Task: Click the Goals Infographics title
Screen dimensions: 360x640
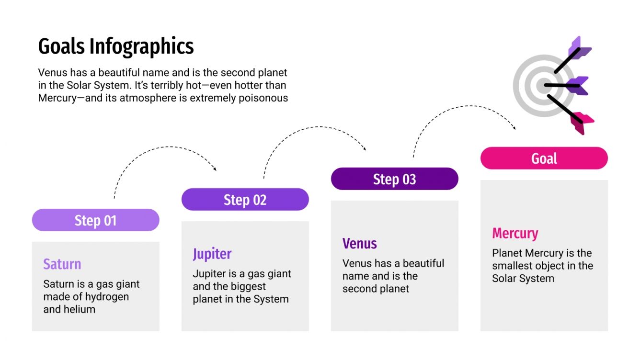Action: coord(116,47)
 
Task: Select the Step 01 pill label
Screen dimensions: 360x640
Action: coord(95,220)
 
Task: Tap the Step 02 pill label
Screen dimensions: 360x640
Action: coord(245,200)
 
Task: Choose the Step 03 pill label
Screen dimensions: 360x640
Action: coord(394,179)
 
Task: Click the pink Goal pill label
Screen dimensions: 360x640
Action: coord(544,158)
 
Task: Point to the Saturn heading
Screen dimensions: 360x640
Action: coord(62,264)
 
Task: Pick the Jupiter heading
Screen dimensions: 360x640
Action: coord(212,254)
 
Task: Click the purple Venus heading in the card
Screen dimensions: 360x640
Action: coord(359,243)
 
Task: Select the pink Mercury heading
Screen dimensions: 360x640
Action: coord(515,233)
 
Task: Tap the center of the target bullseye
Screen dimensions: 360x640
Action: coord(543,86)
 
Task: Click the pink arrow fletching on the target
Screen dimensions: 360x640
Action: coord(582,122)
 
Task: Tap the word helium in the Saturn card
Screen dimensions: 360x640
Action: coord(79,309)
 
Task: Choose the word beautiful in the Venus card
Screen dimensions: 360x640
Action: coord(418,263)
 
